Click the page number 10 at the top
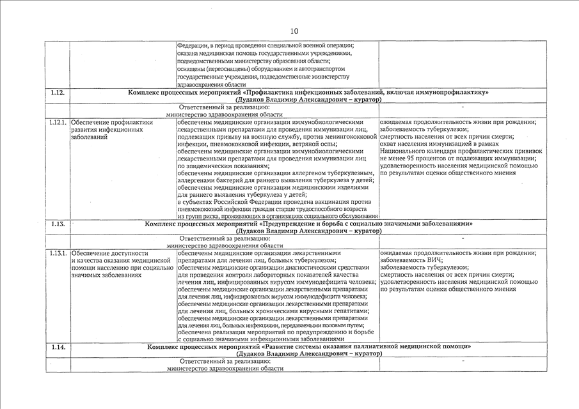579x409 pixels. click(x=294, y=31)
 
